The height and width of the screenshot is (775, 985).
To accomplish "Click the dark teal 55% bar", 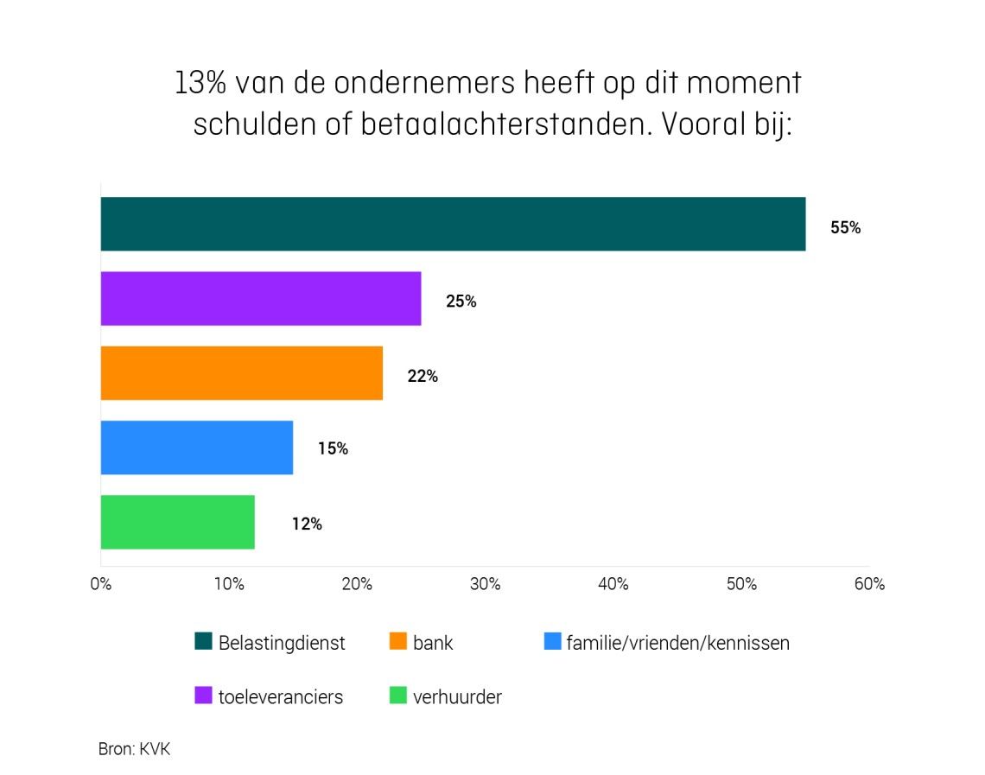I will point(453,224).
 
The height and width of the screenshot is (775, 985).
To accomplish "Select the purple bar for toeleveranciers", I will point(261,299).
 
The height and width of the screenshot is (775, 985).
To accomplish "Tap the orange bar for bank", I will point(242,373).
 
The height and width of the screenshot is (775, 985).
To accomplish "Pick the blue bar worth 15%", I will point(197,448).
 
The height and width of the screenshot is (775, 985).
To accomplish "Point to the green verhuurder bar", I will point(178,522).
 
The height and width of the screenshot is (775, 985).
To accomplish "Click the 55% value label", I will point(845,228).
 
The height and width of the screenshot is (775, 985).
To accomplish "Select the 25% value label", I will point(461,302).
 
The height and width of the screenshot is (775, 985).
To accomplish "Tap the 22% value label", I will point(423,377).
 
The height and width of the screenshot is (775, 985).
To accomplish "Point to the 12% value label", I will point(307,524).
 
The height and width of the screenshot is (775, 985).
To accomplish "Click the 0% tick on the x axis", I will point(101,584).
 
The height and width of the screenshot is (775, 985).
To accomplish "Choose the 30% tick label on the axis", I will point(485,584).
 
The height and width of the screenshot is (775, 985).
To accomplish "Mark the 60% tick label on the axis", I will point(869,584).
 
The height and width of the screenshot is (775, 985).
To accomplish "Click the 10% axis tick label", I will point(229,584).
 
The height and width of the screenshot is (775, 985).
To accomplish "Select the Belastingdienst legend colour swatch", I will point(204,642).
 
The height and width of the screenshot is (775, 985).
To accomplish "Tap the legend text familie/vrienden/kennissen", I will point(677,643).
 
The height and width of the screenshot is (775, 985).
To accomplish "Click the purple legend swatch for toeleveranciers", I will point(204,696).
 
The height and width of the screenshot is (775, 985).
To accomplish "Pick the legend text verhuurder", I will point(457,696).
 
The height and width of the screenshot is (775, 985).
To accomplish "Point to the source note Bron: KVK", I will point(134,749).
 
